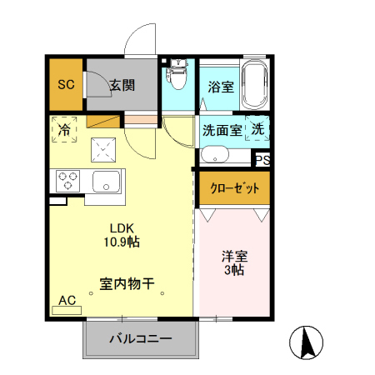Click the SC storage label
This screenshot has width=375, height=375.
64,83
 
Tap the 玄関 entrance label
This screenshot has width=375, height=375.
122,83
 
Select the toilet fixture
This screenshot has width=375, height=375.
177,80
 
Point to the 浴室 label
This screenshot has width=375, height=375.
219,86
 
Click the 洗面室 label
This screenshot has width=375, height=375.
222,130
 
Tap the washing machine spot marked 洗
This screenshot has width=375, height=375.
258,129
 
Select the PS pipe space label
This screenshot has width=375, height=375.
262,161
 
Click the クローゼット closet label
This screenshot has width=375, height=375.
233,188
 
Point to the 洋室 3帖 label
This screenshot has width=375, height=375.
233,263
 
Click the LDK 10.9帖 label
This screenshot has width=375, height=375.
122,234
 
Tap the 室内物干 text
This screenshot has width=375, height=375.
127,283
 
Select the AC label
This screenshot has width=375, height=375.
67,300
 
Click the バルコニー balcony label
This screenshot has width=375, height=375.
141,340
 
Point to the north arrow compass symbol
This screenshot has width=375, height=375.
306,342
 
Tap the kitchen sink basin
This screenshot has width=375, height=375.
107,180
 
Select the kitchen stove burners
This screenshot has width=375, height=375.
67,179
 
